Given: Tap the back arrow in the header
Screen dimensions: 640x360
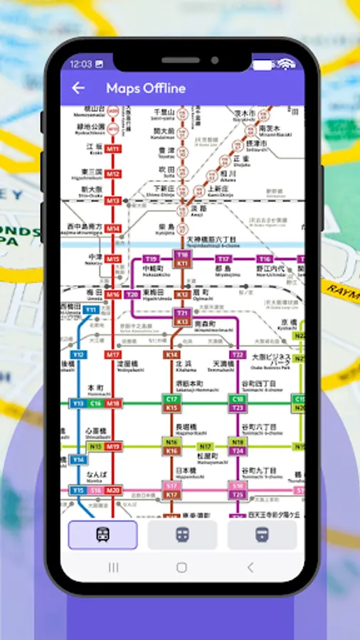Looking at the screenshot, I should pyautogui.click(x=78, y=88).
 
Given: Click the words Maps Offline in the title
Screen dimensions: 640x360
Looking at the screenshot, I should pyautogui.click(x=146, y=88).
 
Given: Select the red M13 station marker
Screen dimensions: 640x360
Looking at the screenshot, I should pyautogui.click(x=113, y=201).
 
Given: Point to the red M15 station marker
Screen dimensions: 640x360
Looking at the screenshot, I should pyautogui.click(x=113, y=260).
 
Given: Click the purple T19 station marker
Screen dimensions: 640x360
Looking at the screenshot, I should pyautogui.click(x=150, y=259).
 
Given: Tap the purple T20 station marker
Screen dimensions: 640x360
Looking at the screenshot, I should pyautogui.click(x=132, y=294).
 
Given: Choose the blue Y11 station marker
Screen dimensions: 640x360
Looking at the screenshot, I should pyautogui.click(x=90, y=310).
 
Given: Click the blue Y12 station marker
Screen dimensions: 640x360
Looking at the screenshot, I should pyautogui.click(x=78, y=354).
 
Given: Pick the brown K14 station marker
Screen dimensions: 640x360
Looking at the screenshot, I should pyautogui.click(x=171, y=354).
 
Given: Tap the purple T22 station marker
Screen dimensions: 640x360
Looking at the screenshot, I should pyautogui.click(x=238, y=354).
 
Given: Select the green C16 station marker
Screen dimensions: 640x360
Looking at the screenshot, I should pyautogui.click(x=95, y=403).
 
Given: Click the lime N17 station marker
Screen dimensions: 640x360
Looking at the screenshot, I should pyautogui.click(x=206, y=447).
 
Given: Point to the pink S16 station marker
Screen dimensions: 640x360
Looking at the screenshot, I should pyautogui.click(x=95, y=491).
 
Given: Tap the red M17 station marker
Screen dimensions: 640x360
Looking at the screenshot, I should pyautogui.click(x=113, y=354).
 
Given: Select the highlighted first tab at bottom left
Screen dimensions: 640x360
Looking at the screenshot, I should pyautogui.click(x=102, y=535).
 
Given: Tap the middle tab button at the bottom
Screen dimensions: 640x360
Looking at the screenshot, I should pyautogui.click(x=182, y=535).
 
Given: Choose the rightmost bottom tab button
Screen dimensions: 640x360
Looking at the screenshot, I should pyautogui.click(x=262, y=535).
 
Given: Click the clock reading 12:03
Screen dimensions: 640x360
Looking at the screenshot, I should pyautogui.click(x=80, y=64).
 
